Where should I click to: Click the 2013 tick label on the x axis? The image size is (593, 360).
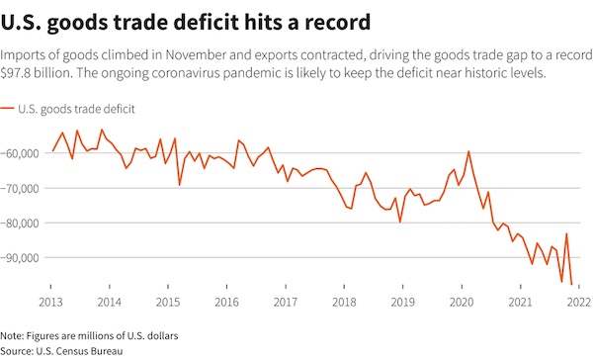click(x=52, y=301)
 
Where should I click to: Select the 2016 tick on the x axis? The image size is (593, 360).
click(x=226, y=301)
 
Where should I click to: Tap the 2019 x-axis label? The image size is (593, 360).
click(x=403, y=301)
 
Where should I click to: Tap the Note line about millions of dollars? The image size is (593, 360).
click(x=84, y=335)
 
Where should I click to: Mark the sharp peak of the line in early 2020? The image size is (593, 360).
click(x=468, y=151)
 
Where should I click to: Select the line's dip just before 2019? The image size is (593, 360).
click(x=400, y=222)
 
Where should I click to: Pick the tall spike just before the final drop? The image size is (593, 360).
click(x=566, y=234)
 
